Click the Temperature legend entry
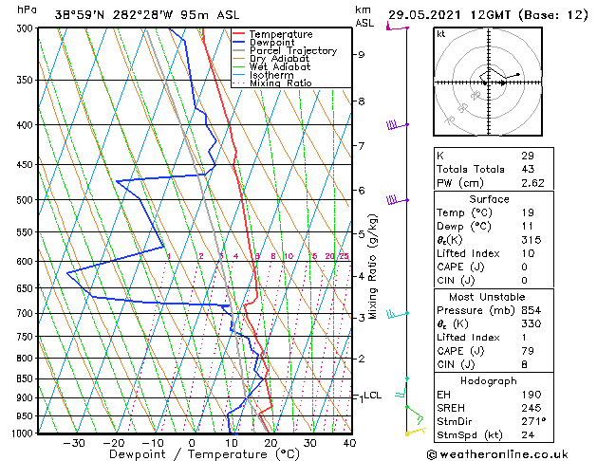tap(280, 34)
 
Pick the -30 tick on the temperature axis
tap(73, 443)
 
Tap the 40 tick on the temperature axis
tap(349, 443)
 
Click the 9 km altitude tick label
tap(361, 54)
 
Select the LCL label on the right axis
tap(373, 395)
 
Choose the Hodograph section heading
tap(489, 379)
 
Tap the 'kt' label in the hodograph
tap(440, 33)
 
